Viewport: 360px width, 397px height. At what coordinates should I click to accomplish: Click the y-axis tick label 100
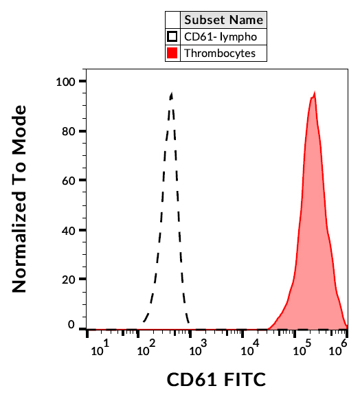[67, 82]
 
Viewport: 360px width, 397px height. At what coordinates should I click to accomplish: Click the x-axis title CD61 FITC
[216, 379]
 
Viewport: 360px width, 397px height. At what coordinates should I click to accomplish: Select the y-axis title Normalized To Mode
[21, 199]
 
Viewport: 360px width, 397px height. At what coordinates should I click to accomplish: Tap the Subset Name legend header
[223, 20]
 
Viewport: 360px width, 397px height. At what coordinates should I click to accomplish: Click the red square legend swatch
[173, 53]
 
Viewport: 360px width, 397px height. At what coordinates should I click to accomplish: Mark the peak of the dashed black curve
[171, 94]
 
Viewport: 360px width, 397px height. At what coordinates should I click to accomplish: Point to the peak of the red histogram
[314, 93]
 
